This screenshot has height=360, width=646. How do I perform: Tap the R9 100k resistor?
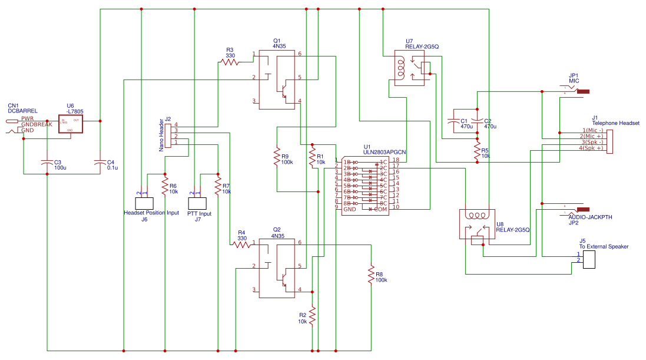pyautogui.click(x=277, y=157)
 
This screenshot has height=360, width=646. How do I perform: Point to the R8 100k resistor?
pyautogui.click(x=371, y=274)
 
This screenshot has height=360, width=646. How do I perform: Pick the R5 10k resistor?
pyautogui.click(x=477, y=151)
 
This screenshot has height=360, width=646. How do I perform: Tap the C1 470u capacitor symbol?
pyautogui.click(x=453, y=121)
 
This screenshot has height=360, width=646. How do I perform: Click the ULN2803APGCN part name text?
pyautogui.click(x=385, y=152)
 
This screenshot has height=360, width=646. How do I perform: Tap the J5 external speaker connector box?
pyautogui.click(x=590, y=260)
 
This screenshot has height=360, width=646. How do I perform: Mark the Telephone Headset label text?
pyautogui.click(x=615, y=123)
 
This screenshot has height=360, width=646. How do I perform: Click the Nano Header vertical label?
pyautogui.click(x=161, y=136)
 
